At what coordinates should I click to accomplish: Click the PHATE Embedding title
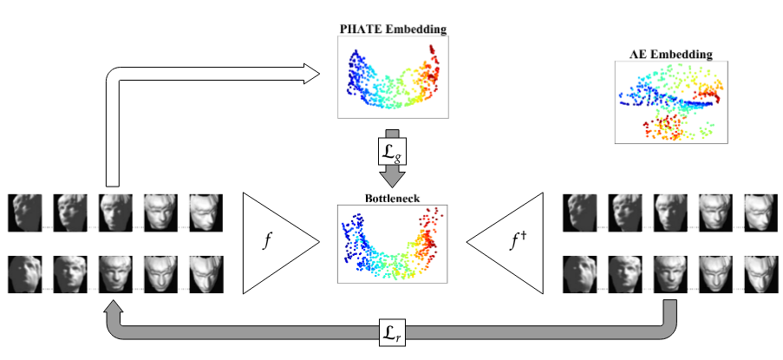[x=392, y=29]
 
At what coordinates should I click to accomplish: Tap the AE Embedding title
[x=670, y=54]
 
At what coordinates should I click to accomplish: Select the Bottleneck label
[x=391, y=198]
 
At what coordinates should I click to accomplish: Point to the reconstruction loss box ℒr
[x=391, y=331]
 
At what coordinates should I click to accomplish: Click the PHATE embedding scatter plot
[x=392, y=78]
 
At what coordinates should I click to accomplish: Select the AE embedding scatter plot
[x=670, y=101]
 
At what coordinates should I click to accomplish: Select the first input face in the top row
[x=25, y=213]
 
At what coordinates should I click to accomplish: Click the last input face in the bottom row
[x=206, y=273]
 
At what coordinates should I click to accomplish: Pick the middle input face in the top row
[x=115, y=213]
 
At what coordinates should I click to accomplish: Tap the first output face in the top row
[x=580, y=213]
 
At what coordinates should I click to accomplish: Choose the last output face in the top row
[x=760, y=213]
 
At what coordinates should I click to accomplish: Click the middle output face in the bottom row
[x=670, y=273]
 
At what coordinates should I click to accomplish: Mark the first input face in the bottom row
[x=25, y=273]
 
